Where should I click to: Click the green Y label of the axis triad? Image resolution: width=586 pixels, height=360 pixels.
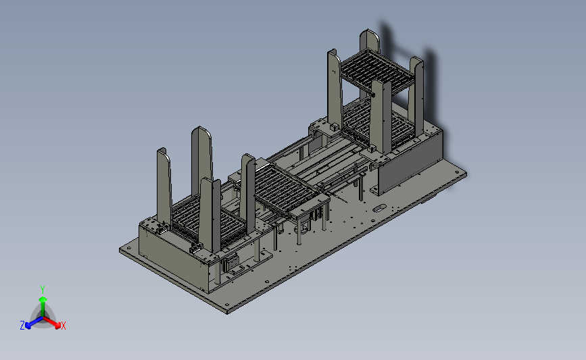[x=42, y=290]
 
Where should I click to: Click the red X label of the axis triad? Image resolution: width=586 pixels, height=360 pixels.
[x=63, y=326]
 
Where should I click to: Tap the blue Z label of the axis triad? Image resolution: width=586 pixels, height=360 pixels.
[x=22, y=326]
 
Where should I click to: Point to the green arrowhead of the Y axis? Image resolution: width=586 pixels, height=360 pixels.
[x=43, y=299]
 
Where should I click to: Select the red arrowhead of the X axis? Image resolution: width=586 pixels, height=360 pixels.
[x=57, y=326]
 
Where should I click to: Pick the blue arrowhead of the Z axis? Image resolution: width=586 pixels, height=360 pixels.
[x=28, y=326]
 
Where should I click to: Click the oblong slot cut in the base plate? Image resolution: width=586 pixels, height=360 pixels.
[x=380, y=207]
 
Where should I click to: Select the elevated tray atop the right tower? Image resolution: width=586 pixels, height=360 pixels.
[x=376, y=71]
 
